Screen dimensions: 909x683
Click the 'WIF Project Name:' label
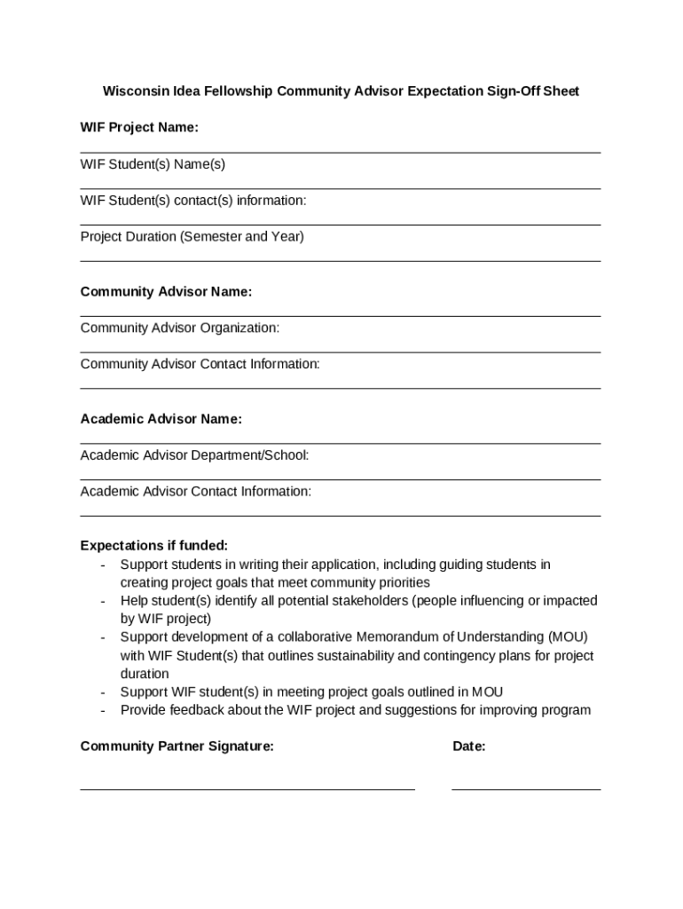(139, 128)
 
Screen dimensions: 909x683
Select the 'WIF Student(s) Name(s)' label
(153, 164)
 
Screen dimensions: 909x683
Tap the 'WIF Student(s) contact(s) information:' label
(193, 201)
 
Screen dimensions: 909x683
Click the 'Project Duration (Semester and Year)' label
(192, 237)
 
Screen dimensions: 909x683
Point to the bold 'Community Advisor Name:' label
(166, 292)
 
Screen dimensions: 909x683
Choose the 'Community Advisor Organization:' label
(179, 328)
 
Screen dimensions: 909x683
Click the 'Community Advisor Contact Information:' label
(200, 364)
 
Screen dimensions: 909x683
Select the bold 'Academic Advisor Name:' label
(161, 419)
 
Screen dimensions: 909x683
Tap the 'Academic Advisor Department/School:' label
(194, 455)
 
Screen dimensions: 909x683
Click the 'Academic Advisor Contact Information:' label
(195, 492)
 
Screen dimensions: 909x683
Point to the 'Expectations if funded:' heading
(153, 546)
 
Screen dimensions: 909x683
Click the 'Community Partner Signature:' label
(177, 747)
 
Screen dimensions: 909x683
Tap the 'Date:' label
(468, 747)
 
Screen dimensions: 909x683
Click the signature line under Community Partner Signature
(247, 788)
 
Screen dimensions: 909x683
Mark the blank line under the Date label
(525, 788)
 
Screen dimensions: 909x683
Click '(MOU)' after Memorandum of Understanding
(568, 637)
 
